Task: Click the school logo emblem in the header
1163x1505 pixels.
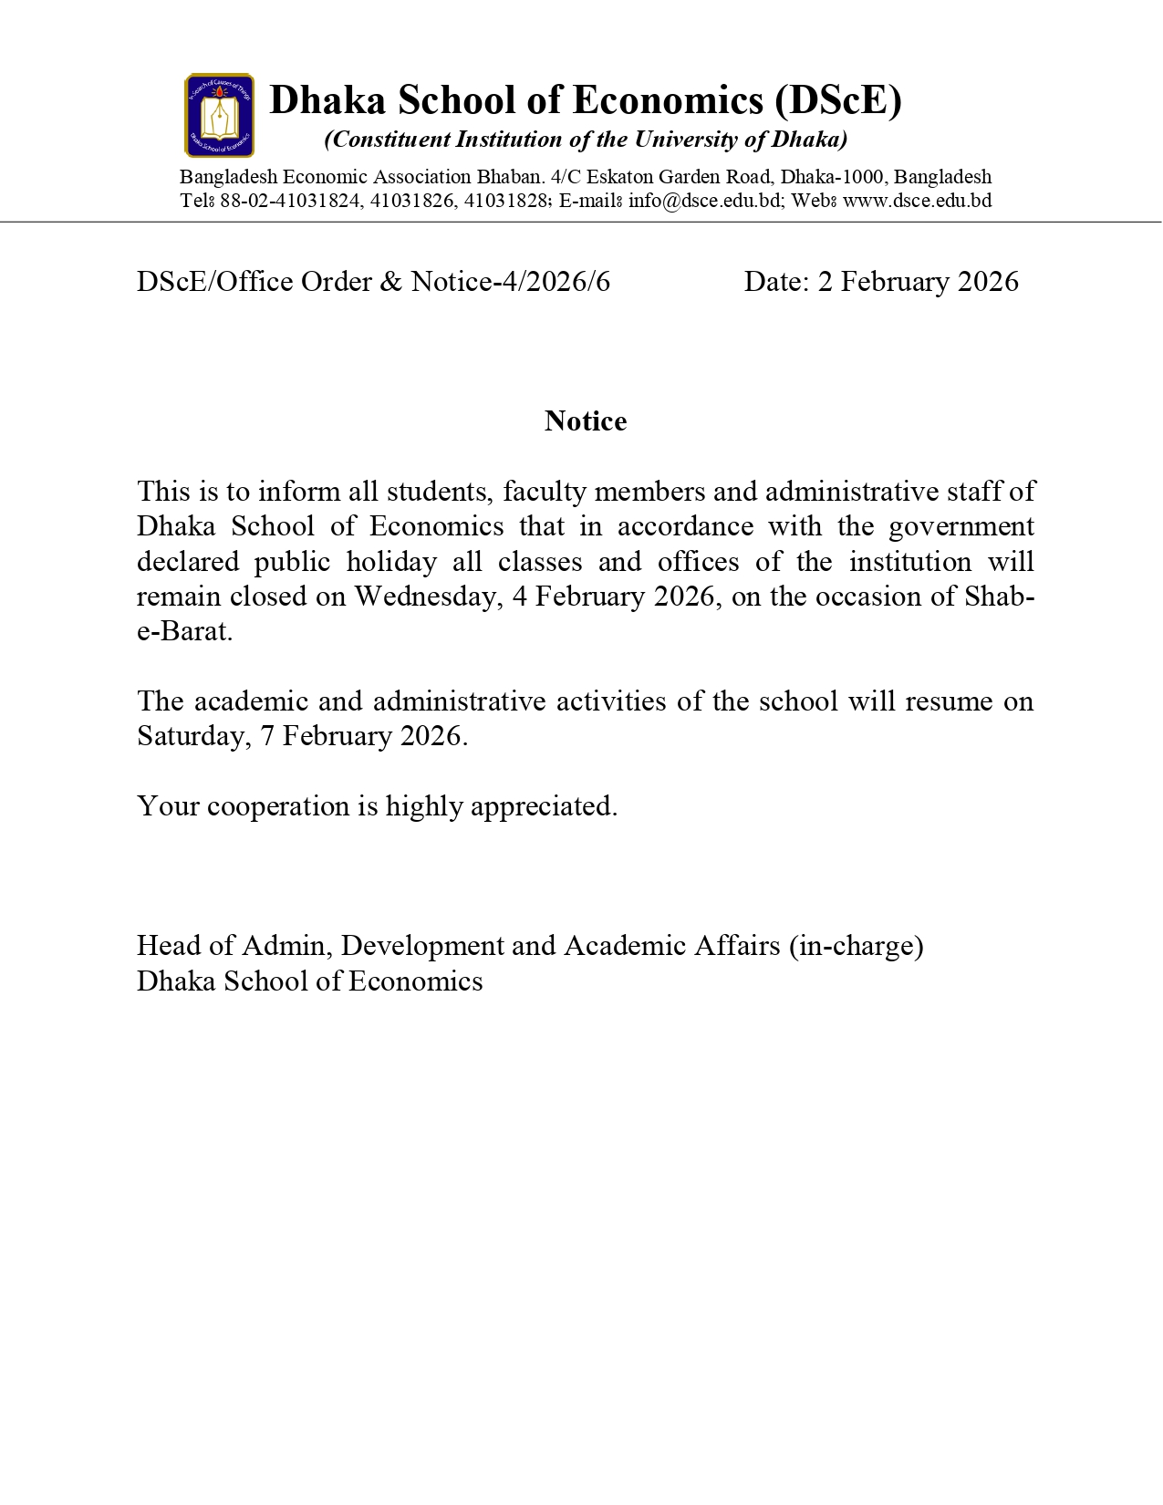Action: coord(219,116)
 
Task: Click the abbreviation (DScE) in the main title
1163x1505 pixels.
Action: coord(837,99)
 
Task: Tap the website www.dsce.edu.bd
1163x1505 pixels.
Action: coord(917,201)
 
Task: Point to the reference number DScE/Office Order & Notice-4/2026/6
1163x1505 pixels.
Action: coord(373,282)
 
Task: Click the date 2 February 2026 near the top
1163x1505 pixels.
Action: coord(918,282)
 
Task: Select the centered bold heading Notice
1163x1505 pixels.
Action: coord(586,420)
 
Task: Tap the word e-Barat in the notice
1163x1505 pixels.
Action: coord(183,631)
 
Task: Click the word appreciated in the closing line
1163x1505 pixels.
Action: coord(544,806)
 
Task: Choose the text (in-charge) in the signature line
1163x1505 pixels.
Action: coord(857,946)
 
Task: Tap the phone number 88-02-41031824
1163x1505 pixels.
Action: coord(290,201)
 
